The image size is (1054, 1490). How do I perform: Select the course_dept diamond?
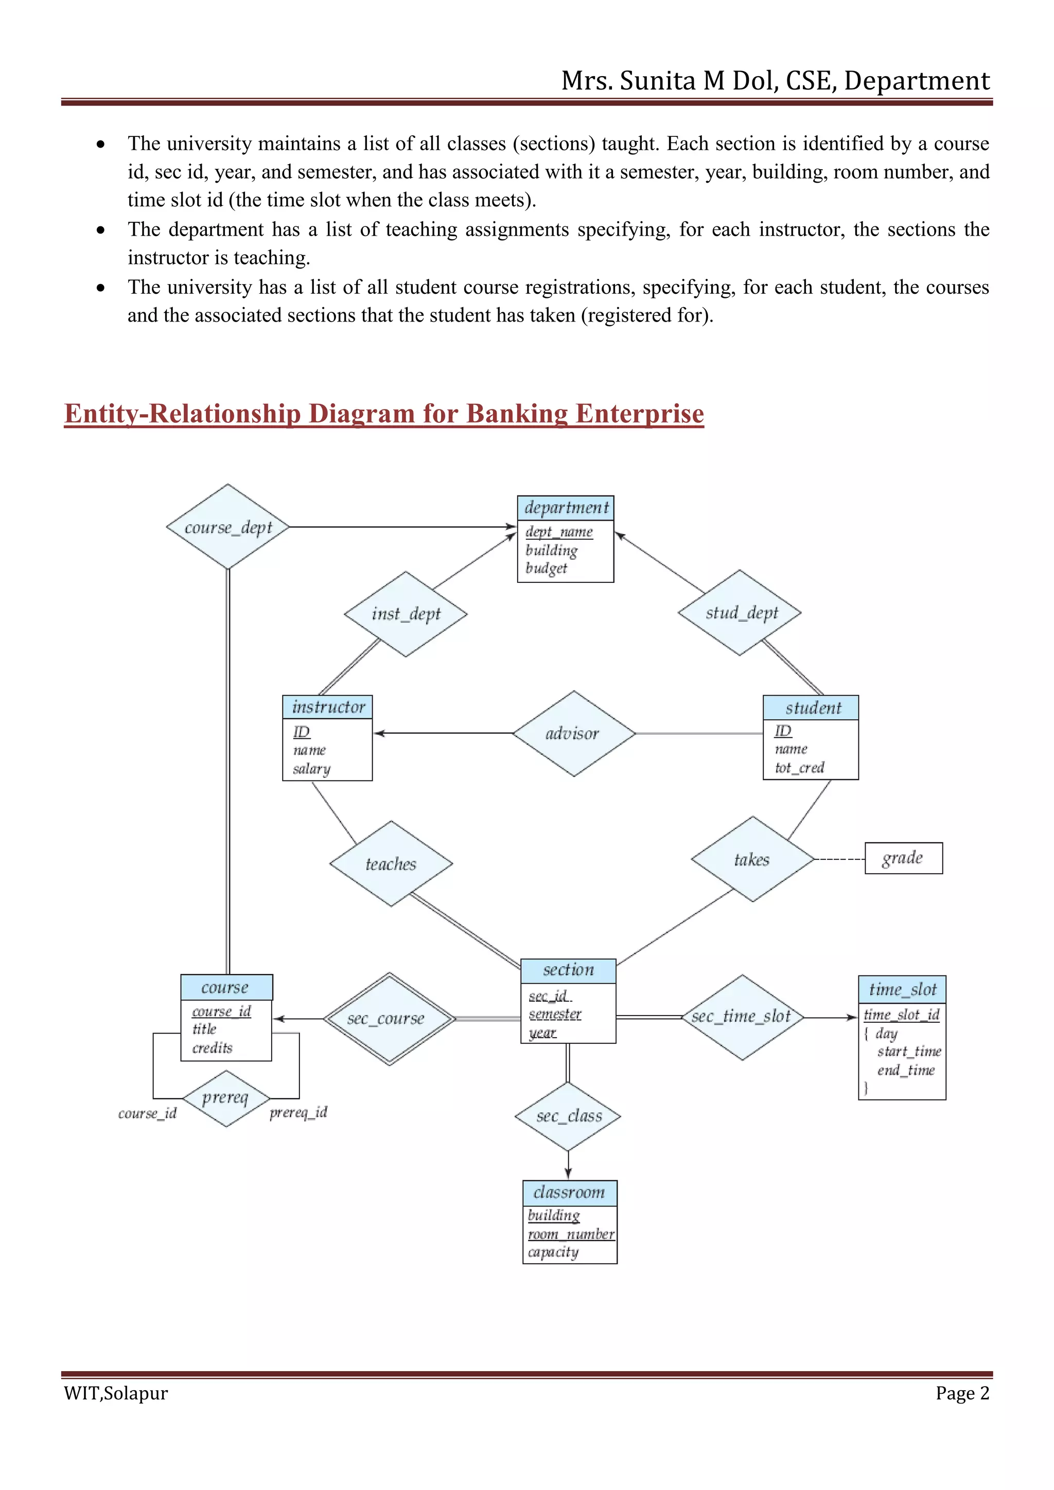click(x=228, y=527)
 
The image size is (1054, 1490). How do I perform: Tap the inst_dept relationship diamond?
click(x=406, y=614)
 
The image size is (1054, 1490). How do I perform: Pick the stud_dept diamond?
click(x=740, y=613)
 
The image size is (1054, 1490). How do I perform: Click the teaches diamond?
click(x=391, y=864)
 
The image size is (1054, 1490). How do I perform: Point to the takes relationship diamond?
click(x=752, y=859)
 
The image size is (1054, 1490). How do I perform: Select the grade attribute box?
click(x=903, y=858)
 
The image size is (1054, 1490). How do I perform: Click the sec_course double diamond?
click(x=389, y=1018)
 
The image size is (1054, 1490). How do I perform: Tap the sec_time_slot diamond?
click(x=742, y=1017)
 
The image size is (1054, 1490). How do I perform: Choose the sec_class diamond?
click(x=568, y=1116)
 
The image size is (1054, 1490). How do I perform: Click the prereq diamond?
click(x=225, y=1098)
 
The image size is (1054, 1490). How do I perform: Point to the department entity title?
click(x=566, y=507)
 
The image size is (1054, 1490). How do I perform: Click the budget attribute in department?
click(x=547, y=569)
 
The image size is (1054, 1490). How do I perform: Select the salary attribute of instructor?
click(x=311, y=769)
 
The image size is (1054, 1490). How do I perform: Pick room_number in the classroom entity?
click(x=570, y=1234)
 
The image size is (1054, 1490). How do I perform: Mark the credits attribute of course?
click(x=212, y=1048)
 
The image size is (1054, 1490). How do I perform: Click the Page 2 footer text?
click(x=962, y=1393)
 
